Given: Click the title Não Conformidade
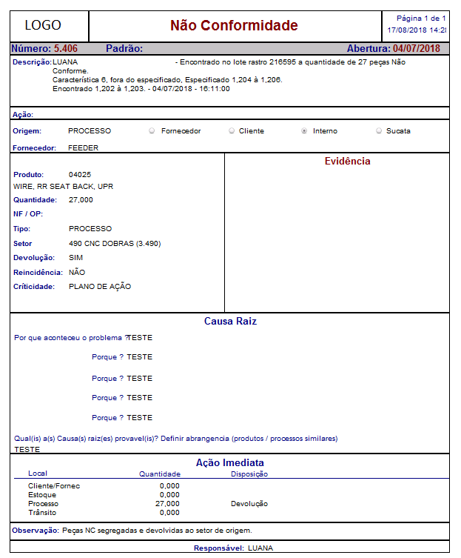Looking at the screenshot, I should click(234, 26).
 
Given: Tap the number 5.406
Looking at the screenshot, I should click(66, 49).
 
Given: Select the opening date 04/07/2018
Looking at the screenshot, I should click(417, 49).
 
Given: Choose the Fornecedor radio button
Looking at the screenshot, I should click(152, 131).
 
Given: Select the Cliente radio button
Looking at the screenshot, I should click(231, 131).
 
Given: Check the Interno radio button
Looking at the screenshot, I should click(304, 131).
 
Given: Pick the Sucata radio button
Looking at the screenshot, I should click(379, 131).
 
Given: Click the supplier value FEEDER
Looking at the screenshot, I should click(83, 147).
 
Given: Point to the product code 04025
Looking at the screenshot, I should click(80, 174).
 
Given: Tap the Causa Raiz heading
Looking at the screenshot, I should click(230, 322).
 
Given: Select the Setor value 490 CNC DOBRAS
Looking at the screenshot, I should click(115, 243).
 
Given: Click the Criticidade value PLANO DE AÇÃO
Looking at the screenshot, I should click(100, 286).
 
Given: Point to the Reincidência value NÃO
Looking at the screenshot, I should click(77, 272).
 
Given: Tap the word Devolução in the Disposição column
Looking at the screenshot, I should click(249, 504).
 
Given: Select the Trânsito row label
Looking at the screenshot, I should click(41, 512).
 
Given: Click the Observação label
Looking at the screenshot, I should click(36, 531).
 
